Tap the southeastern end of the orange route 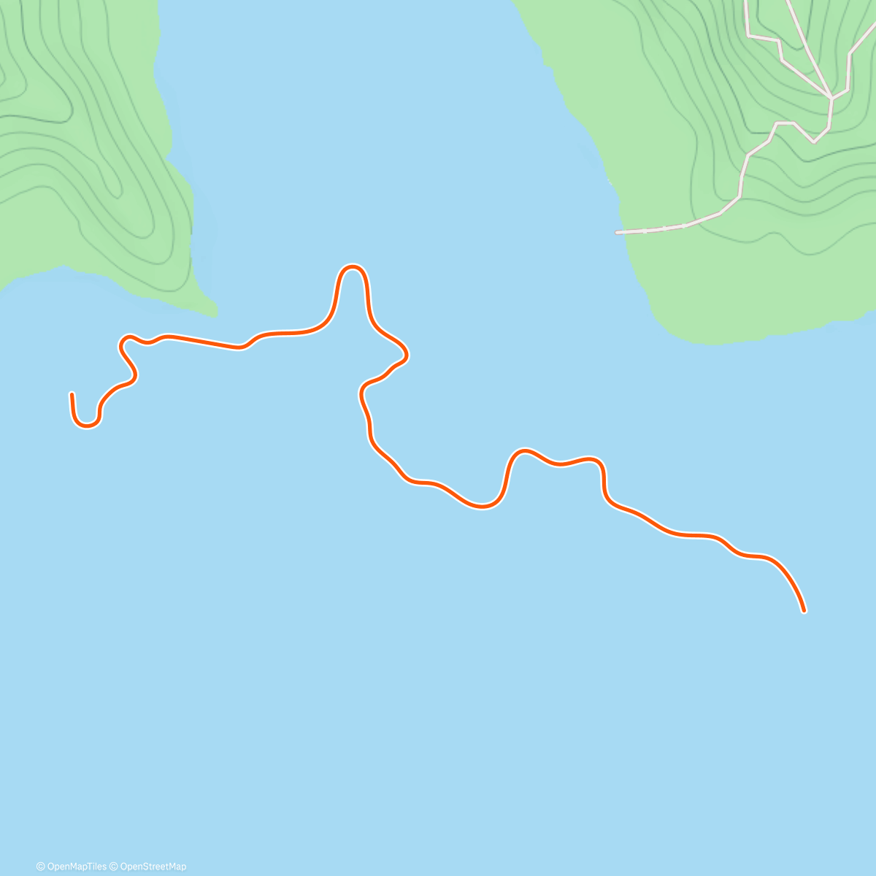[x=804, y=610]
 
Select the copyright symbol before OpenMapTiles [x=40, y=867]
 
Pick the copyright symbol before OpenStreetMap [x=114, y=867]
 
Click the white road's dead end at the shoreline [x=618, y=233]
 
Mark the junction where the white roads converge [x=831, y=97]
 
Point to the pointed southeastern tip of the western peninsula [x=216, y=313]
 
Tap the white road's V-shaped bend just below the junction [x=813, y=142]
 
